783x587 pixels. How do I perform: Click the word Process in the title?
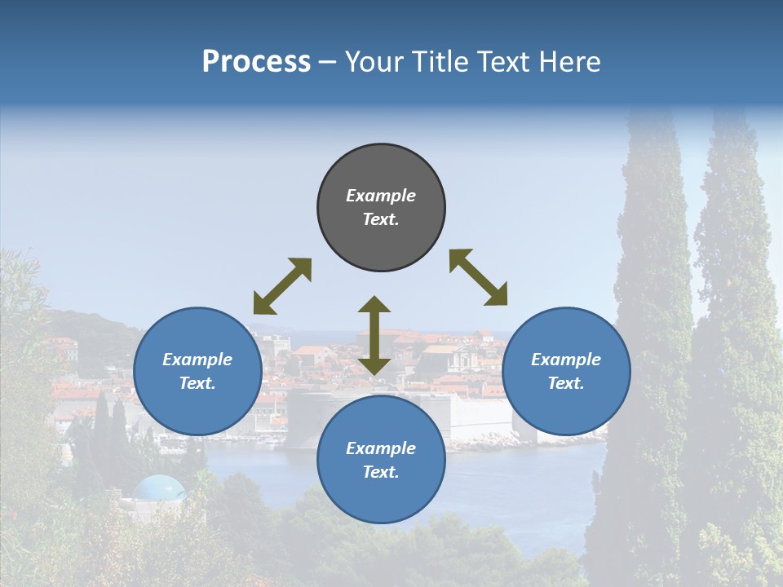tap(256, 62)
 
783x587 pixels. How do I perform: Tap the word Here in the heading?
tap(571, 62)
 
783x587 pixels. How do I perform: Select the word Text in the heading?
tap(503, 62)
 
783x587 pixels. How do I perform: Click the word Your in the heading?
tap(375, 62)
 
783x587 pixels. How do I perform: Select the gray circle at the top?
tap(381, 207)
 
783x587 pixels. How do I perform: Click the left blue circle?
tap(197, 371)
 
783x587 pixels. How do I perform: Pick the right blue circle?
tap(566, 371)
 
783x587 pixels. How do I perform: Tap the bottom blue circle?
tap(381, 460)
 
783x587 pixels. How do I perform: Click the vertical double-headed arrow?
tap(374, 335)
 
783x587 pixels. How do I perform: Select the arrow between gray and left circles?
tap(282, 286)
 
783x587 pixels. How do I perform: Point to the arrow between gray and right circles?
tap(478, 277)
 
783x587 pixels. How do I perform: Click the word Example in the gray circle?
tap(381, 196)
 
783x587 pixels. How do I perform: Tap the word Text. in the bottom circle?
tap(381, 472)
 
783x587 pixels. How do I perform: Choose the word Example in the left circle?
tap(197, 360)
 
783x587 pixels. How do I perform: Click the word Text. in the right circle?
tap(566, 383)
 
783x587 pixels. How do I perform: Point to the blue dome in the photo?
tap(159, 488)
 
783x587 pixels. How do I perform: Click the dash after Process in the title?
tap(328, 62)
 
